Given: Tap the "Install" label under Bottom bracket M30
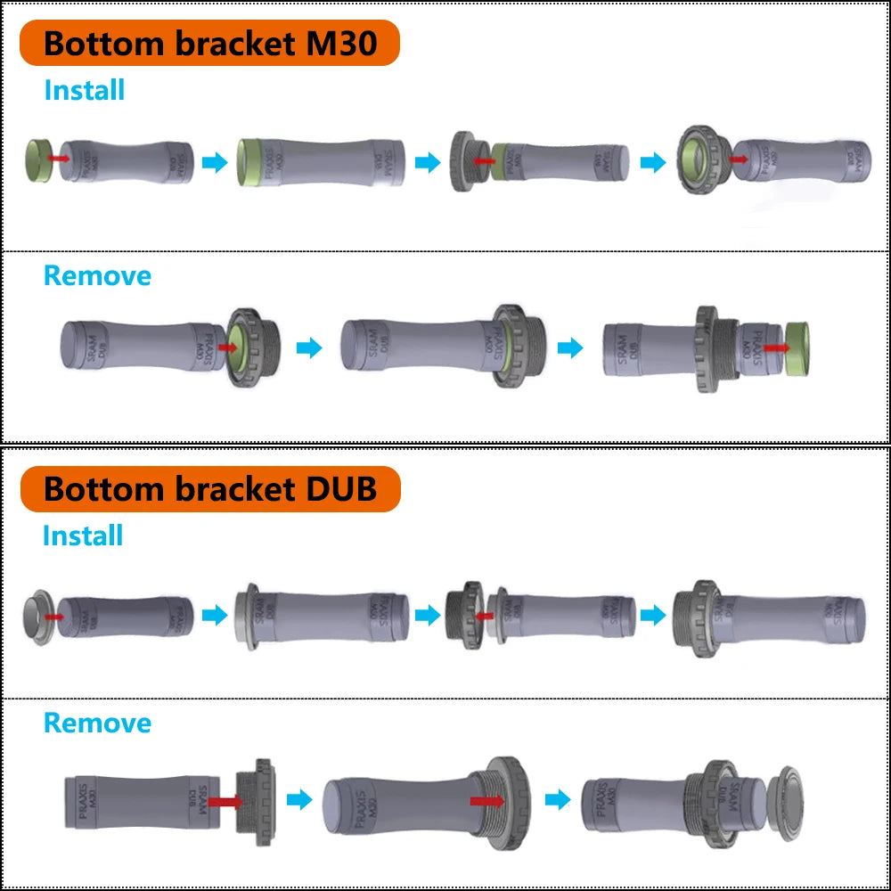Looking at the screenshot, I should click(85, 90).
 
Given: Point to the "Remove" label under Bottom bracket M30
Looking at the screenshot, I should click(97, 275).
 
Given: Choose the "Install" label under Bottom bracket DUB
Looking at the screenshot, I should click(83, 535).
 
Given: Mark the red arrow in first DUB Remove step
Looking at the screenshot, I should click(225, 801).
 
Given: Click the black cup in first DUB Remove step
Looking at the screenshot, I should click(257, 801).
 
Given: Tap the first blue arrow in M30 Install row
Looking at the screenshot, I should click(215, 162).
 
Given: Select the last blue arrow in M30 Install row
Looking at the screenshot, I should click(653, 163).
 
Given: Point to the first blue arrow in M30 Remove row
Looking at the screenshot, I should click(308, 347).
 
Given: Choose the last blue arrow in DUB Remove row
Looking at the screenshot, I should click(558, 799).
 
